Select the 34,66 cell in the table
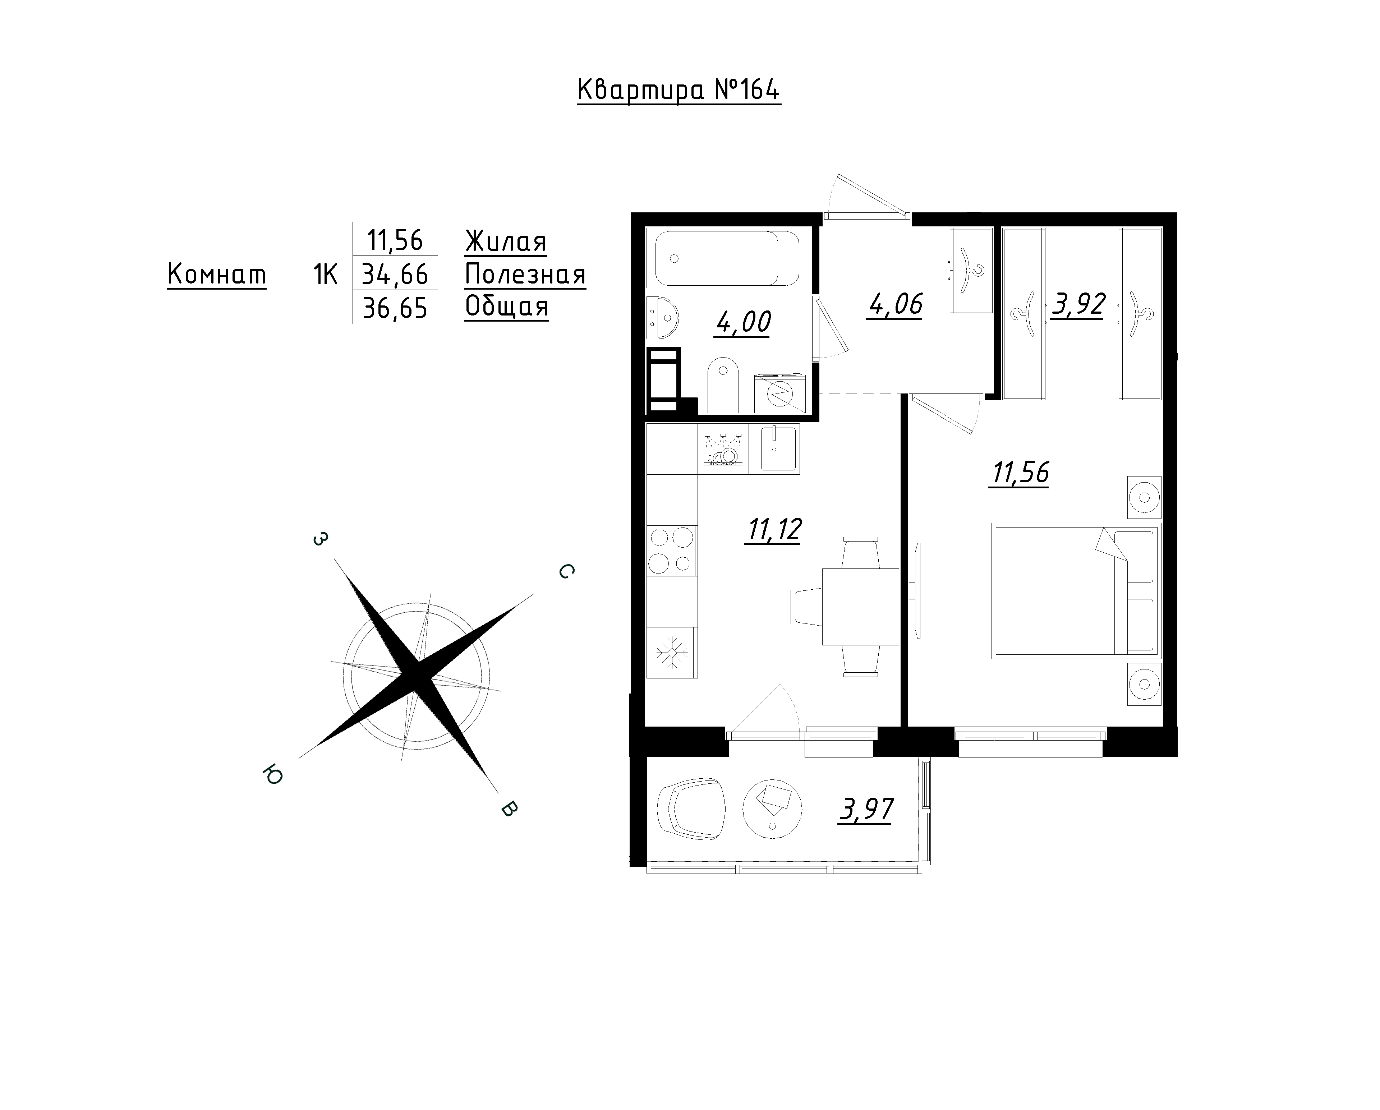(x=395, y=274)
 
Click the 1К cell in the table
(x=326, y=274)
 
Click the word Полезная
(x=525, y=275)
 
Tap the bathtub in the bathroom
(x=727, y=258)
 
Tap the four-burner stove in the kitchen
(x=671, y=549)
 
